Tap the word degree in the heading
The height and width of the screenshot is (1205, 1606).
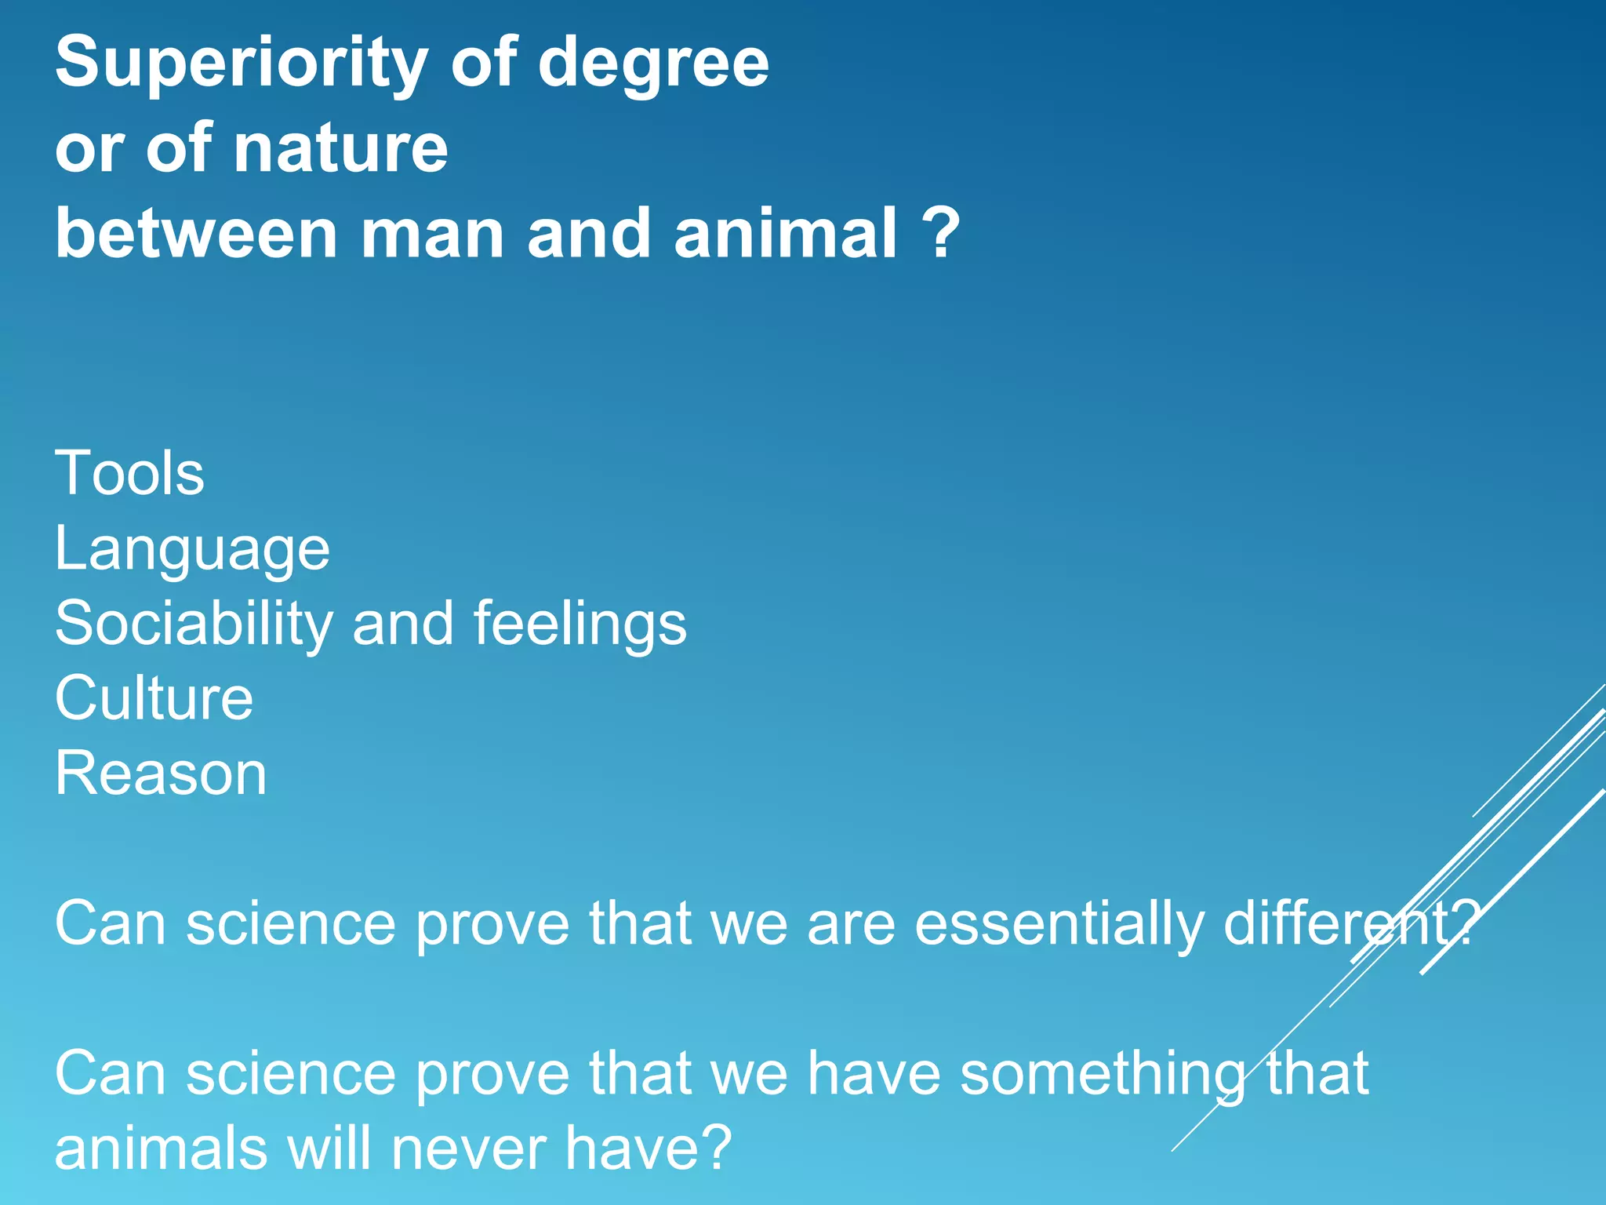coord(653,64)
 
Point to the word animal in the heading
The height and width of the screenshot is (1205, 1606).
coord(785,234)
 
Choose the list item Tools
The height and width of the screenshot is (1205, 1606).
coord(129,474)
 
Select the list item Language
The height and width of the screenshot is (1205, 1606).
coord(192,549)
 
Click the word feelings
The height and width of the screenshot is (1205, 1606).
coord(580,624)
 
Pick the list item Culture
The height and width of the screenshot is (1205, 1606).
coord(154,698)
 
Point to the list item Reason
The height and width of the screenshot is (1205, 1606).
coord(161,774)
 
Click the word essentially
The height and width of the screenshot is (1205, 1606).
coord(1059,923)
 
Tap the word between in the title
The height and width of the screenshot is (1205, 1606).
coord(197,234)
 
